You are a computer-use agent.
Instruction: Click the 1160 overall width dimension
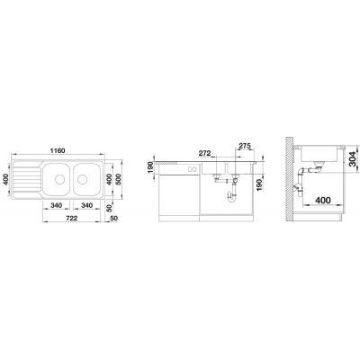[x=58, y=150]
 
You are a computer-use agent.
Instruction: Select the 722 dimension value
[x=71, y=218]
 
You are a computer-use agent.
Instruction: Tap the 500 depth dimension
[x=118, y=179]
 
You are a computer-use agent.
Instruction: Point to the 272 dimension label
[x=205, y=153]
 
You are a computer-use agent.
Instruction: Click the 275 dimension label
[x=245, y=146]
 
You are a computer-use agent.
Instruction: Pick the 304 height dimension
[x=353, y=159]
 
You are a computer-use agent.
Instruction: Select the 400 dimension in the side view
[x=323, y=200]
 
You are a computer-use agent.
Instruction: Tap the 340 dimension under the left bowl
[x=56, y=205]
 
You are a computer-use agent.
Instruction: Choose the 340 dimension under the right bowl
[x=86, y=205]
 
